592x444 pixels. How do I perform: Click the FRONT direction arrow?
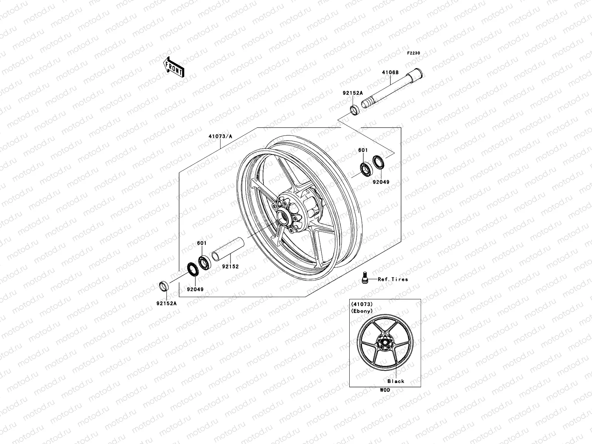tap(179, 67)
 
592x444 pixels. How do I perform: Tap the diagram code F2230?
tap(414, 53)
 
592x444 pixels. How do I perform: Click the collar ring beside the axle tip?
tap(354, 110)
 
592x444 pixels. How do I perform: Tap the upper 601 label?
tap(363, 150)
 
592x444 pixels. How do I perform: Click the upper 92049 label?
tap(381, 182)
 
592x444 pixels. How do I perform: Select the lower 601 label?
tap(202, 243)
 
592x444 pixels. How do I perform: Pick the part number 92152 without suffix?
tap(230, 266)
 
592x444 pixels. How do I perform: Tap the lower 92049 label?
tap(195, 289)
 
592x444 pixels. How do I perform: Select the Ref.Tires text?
tap(393, 279)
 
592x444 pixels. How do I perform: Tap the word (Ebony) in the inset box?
tap(362, 311)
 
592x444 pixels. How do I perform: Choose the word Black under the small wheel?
tap(396, 381)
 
